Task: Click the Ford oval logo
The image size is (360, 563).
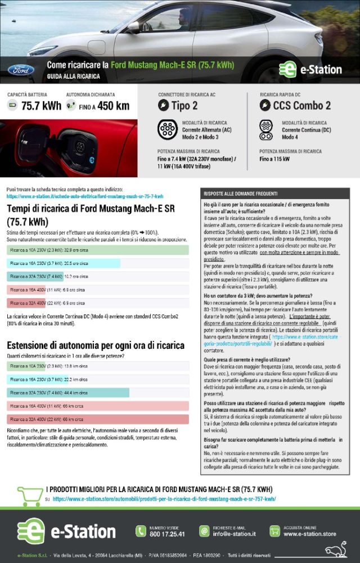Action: click(x=21, y=70)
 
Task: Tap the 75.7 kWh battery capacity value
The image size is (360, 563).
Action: click(x=41, y=106)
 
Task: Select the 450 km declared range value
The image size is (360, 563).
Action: click(x=113, y=106)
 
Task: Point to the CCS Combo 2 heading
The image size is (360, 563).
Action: click(x=301, y=106)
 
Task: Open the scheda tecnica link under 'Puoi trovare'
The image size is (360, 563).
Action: click(x=85, y=196)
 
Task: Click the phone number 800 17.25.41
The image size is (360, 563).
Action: click(x=167, y=534)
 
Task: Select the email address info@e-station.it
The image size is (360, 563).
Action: click(x=235, y=534)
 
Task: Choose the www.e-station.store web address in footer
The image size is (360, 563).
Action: click(x=309, y=534)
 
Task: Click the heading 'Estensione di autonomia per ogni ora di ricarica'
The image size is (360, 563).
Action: click(x=96, y=345)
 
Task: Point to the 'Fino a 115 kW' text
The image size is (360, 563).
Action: click(x=274, y=159)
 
